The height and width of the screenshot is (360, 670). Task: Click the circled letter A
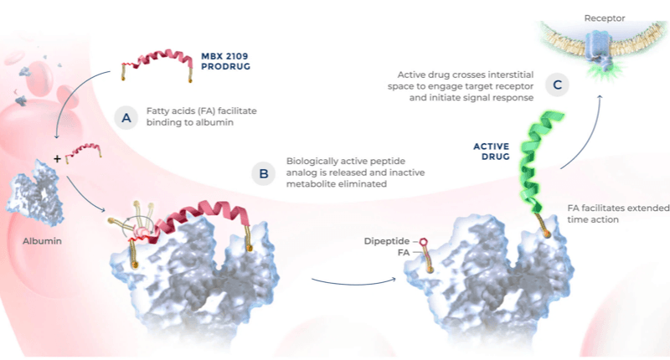(126, 117)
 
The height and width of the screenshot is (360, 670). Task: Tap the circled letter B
(263, 173)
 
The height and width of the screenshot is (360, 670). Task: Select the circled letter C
(557, 85)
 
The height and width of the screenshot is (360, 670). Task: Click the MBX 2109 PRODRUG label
(225, 61)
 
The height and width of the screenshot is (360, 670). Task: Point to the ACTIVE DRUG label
(492, 152)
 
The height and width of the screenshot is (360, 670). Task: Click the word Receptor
(604, 18)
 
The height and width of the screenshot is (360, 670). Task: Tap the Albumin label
(43, 241)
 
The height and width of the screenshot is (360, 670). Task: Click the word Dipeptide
(387, 241)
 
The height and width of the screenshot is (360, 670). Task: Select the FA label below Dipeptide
(404, 252)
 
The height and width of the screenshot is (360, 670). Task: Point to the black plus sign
(57, 159)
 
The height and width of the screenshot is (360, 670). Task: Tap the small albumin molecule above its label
(35, 193)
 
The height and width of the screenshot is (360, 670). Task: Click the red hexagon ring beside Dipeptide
(423, 242)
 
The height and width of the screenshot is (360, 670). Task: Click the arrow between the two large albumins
(353, 282)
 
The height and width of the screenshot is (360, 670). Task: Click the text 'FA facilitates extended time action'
(618, 213)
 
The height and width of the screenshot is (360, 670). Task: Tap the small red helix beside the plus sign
(83, 152)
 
